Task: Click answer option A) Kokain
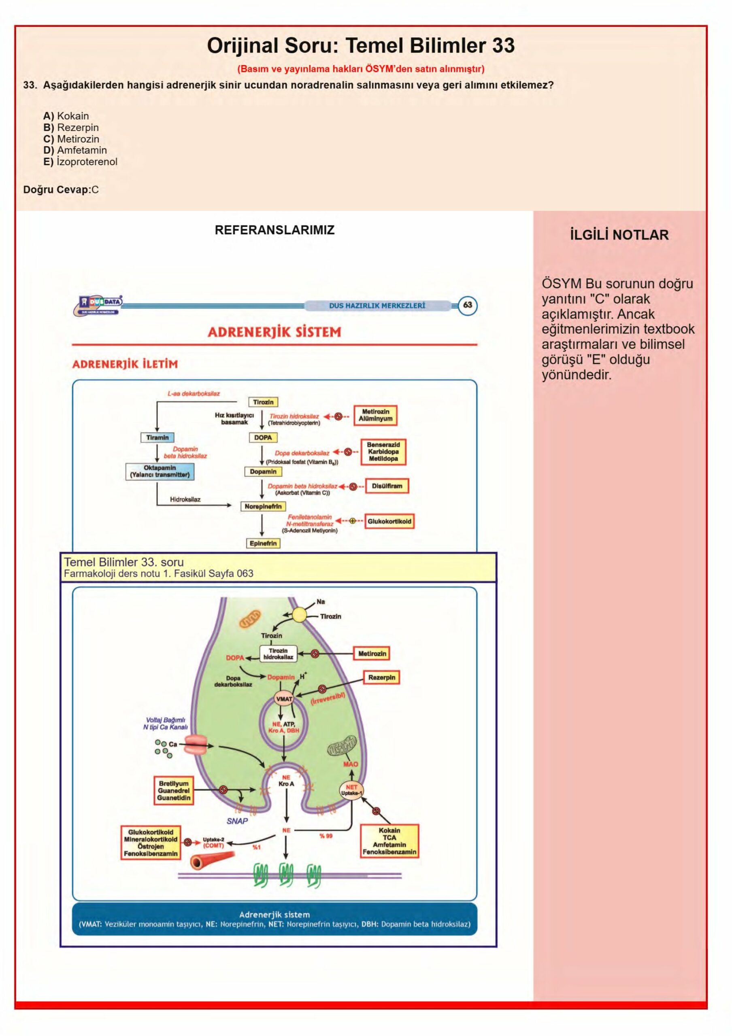point(66,116)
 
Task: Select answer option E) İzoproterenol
point(80,161)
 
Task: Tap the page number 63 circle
point(468,306)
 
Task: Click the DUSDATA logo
point(98,305)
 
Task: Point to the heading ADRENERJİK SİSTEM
point(274,332)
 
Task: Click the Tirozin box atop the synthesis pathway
point(263,402)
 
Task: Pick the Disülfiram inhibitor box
point(387,486)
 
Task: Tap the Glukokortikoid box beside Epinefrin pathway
point(389,521)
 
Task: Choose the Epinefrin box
point(263,543)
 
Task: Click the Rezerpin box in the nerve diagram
point(381,677)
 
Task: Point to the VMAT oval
point(284,699)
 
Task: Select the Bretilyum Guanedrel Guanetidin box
point(174,790)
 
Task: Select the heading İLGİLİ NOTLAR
point(619,235)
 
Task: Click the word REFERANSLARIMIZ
point(274,230)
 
